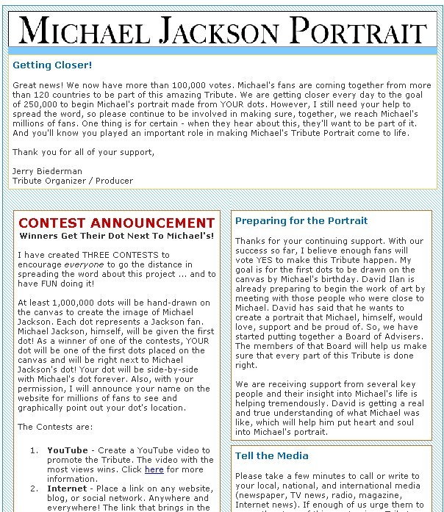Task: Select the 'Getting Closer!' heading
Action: [x=52, y=65]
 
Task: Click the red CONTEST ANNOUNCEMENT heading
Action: [x=117, y=223]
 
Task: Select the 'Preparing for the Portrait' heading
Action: [x=301, y=220]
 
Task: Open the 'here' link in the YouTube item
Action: [x=154, y=469]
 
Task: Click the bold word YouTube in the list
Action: [x=68, y=450]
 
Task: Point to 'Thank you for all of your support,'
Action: [x=84, y=152]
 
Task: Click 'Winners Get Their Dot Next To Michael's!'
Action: [x=117, y=236]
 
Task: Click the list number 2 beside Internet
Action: [x=34, y=488]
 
